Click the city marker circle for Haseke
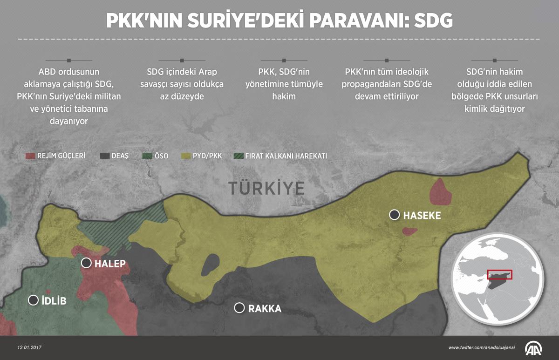[x=395, y=215]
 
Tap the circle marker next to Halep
[x=86, y=263]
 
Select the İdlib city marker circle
[x=33, y=300]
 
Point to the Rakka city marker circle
[x=239, y=308]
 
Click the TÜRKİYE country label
[x=266, y=188]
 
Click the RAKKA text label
[x=265, y=308]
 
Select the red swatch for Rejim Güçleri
[x=30, y=156]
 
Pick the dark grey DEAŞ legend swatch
[x=104, y=156]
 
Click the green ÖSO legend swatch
[x=147, y=156]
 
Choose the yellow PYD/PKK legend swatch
[x=186, y=156]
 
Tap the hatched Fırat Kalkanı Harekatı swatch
[x=238, y=156]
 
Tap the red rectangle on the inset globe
[x=499, y=274]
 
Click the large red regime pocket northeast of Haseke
[x=441, y=192]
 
